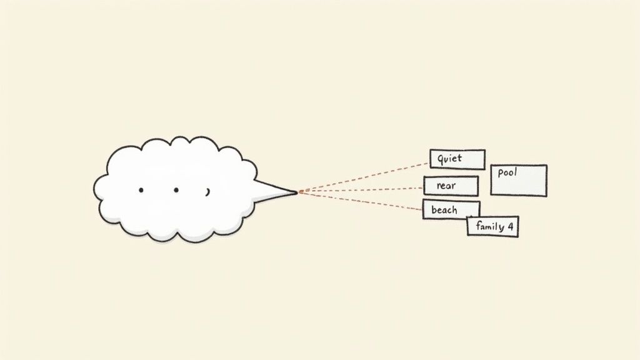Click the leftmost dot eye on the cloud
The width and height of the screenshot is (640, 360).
coord(141,190)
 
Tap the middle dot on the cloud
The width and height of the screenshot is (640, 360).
coord(176,190)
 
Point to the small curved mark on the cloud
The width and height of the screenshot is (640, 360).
coord(207,192)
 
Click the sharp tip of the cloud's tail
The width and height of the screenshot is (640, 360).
coord(297,192)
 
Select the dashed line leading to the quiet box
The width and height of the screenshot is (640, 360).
coord(364,177)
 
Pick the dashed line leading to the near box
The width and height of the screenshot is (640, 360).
coord(361,190)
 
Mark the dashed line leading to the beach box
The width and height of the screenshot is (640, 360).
coord(361,201)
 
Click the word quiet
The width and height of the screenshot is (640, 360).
coord(449,158)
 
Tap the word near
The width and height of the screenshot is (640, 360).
coord(446,186)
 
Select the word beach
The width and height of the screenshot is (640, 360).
coord(444,210)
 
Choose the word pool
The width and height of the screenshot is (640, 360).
coord(507,172)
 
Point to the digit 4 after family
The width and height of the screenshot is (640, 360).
coord(510,227)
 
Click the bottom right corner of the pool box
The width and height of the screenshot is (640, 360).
coord(546,196)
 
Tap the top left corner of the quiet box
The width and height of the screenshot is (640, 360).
coord(431,150)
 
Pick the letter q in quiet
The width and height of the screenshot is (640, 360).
coord(440,159)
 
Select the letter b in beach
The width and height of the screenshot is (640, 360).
coord(434,210)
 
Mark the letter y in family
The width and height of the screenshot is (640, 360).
coord(502,227)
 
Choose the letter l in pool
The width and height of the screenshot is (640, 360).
coord(516,171)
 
